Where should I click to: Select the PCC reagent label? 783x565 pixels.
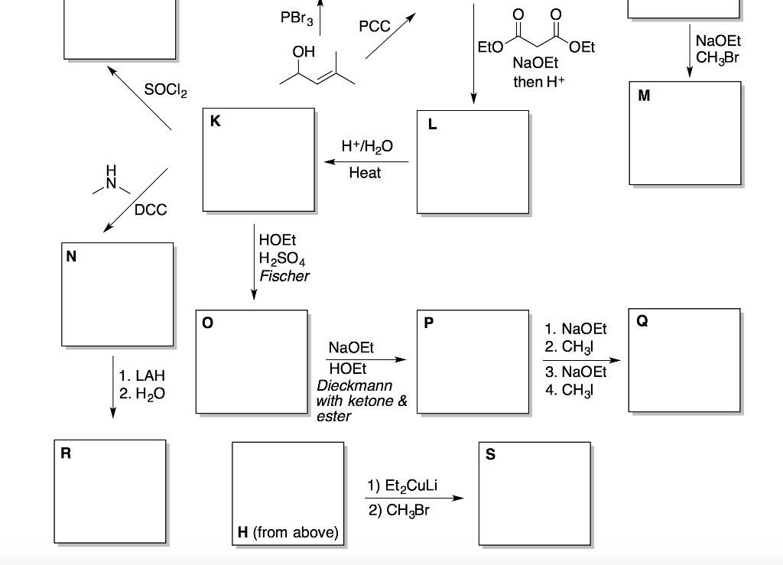tap(375, 27)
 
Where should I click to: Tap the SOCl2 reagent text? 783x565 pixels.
tap(165, 91)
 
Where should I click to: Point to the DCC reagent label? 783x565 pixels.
tap(151, 209)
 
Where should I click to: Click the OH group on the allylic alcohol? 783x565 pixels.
tap(304, 52)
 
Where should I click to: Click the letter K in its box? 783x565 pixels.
tap(215, 122)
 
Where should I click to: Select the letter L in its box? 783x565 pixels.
tap(433, 125)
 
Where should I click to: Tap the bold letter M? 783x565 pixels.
tap(644, 96)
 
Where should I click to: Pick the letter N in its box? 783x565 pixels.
tap(71, 257)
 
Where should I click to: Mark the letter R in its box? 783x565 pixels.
tap(66, 453)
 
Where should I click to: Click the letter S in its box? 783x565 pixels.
tap(490, 455)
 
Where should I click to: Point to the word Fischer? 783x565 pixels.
tap(284, 276)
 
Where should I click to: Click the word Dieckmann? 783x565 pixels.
tap(354, 385)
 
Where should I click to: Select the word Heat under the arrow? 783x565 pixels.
tap(365, 174)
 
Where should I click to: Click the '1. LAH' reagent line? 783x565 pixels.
tap(141, 376)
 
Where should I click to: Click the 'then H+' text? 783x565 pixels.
tap(539, 82)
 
